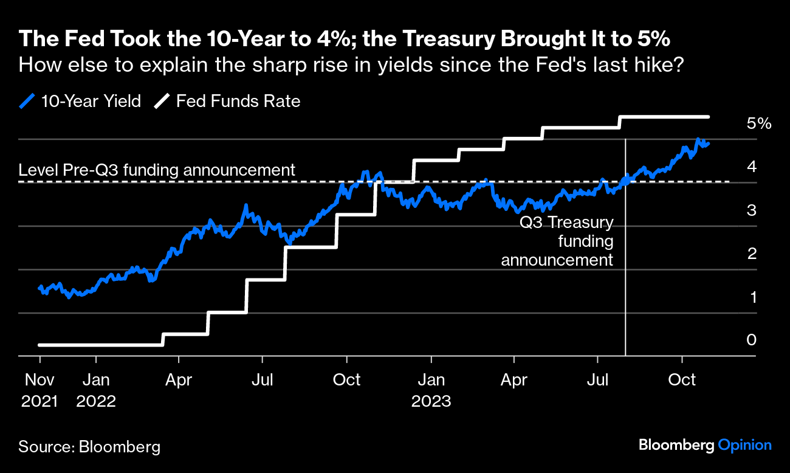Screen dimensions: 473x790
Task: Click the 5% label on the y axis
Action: pyautogui.click(x=758, y=124)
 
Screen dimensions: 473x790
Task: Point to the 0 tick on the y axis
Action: pyautogui.click(x=752, y=340)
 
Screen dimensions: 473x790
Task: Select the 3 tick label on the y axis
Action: pyautogui.click(x=752, y=210)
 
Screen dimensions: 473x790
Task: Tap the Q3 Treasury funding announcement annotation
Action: pyautogui.click(x=557, y=241)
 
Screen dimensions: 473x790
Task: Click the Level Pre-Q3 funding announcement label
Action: pyautogui.click(x=157, y=170)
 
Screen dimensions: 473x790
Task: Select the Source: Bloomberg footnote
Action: pyautogui.click(x=89, y=447)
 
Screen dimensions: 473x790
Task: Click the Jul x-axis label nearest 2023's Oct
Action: pyautogui.click(x=599, y=380)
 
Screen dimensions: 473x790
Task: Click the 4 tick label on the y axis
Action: pyautogui.click(x=752, y=167)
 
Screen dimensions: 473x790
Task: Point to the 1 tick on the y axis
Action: pyautogui.click(x=752, y=297)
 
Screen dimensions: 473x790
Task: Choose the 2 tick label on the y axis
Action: pyautogui.click(x=752, y=254)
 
